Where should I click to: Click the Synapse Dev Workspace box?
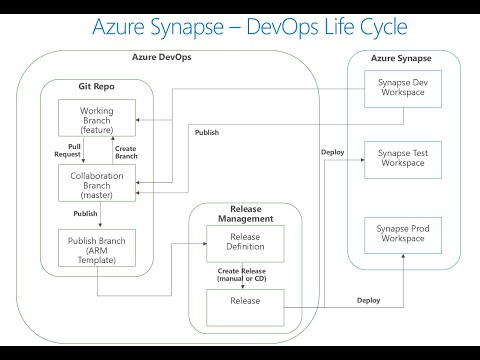(x=401, y=88)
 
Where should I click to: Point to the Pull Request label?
(x=66, y=150)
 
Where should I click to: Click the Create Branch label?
(x=125, y=150)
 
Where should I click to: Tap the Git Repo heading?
(x=96, y=88)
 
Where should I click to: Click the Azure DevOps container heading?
(x=162, y=58)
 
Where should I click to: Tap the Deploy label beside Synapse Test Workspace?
(x=333, y=152)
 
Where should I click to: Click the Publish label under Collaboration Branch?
(x=86, y=214)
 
